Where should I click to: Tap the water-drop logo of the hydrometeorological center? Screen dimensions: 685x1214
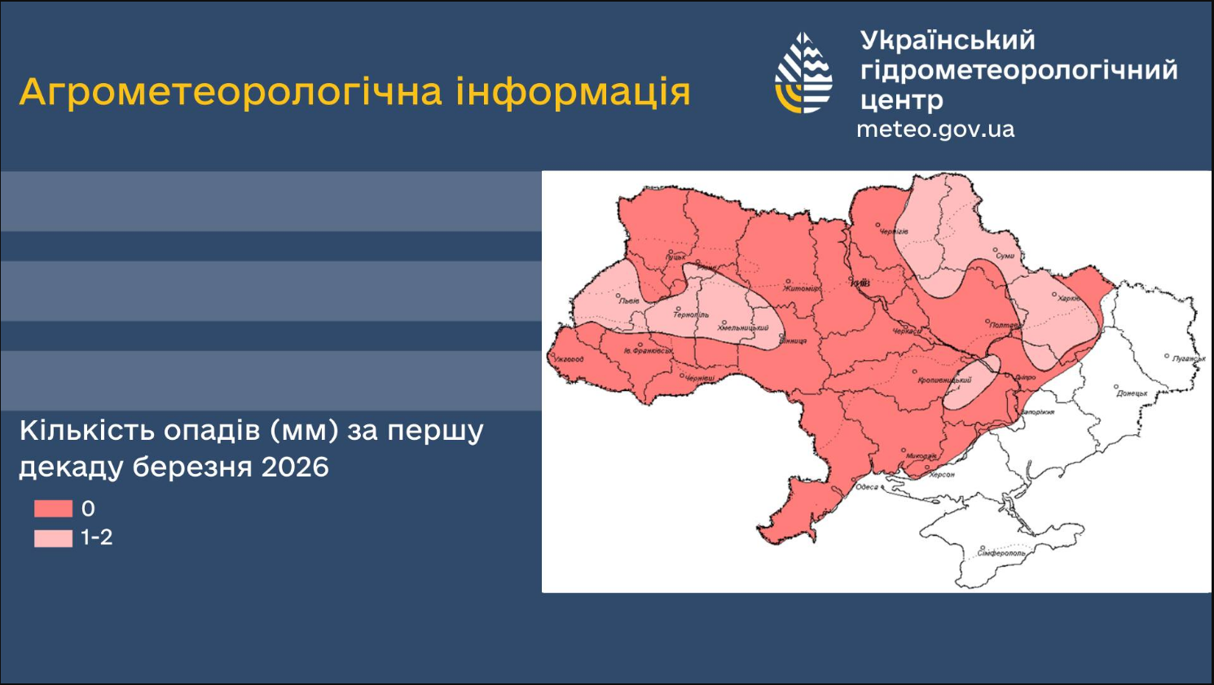[x=803, y=73]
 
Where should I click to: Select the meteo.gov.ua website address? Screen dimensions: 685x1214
[x=935, y=130]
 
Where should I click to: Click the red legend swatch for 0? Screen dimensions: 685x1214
[x=53, y=509]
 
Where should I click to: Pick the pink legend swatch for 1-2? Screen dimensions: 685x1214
[x=53, y=538]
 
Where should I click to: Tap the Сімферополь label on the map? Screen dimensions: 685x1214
[x=1001, y=553]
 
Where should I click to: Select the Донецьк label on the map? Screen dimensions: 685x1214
[x=1131, y=393]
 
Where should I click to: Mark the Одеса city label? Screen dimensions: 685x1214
[x=866, y=487]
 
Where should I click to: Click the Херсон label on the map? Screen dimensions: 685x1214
[x=942, y=474]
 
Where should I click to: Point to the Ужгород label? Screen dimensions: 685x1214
[x=569, y=359]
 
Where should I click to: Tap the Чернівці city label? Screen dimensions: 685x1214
[x=699, y=379]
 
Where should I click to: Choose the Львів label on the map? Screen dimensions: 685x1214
[x=629, y=301]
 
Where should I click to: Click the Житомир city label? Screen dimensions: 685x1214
[x=802, y=288]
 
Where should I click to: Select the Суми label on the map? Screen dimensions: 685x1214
[x=1005, y=256]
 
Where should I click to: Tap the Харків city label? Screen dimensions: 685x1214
[x=1068, y=299]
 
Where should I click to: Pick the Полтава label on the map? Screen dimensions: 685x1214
[x=1005, y=326]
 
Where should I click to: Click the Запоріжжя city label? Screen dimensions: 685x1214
[x=1037, y=412]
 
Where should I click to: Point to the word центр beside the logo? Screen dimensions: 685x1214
[x=901, y=100]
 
